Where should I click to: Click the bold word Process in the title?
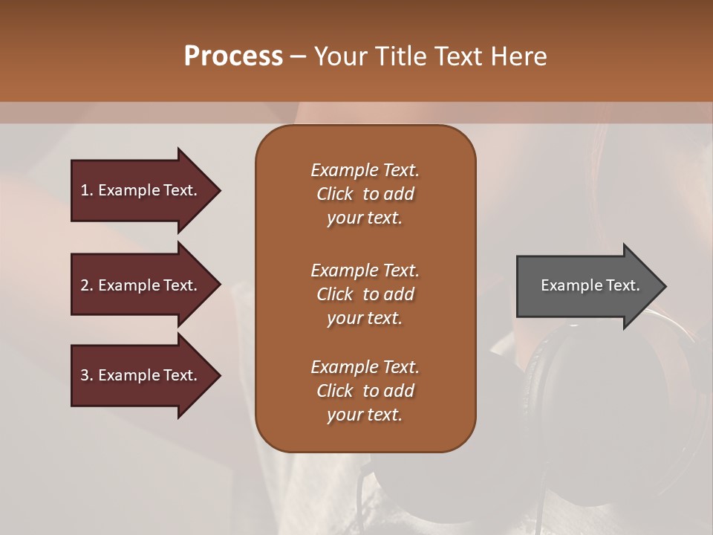coord(233,56)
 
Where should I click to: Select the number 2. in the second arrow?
coord(87,285)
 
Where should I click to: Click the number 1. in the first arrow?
coord(87,190)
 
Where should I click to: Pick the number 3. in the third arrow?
coord(87,375)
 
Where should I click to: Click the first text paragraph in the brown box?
coord(365,194)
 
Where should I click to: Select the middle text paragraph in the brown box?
coord(365,294)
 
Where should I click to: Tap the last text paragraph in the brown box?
coord(365,391)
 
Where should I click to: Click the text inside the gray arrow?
coord(590,285)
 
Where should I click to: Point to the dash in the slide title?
coord(298,56)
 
